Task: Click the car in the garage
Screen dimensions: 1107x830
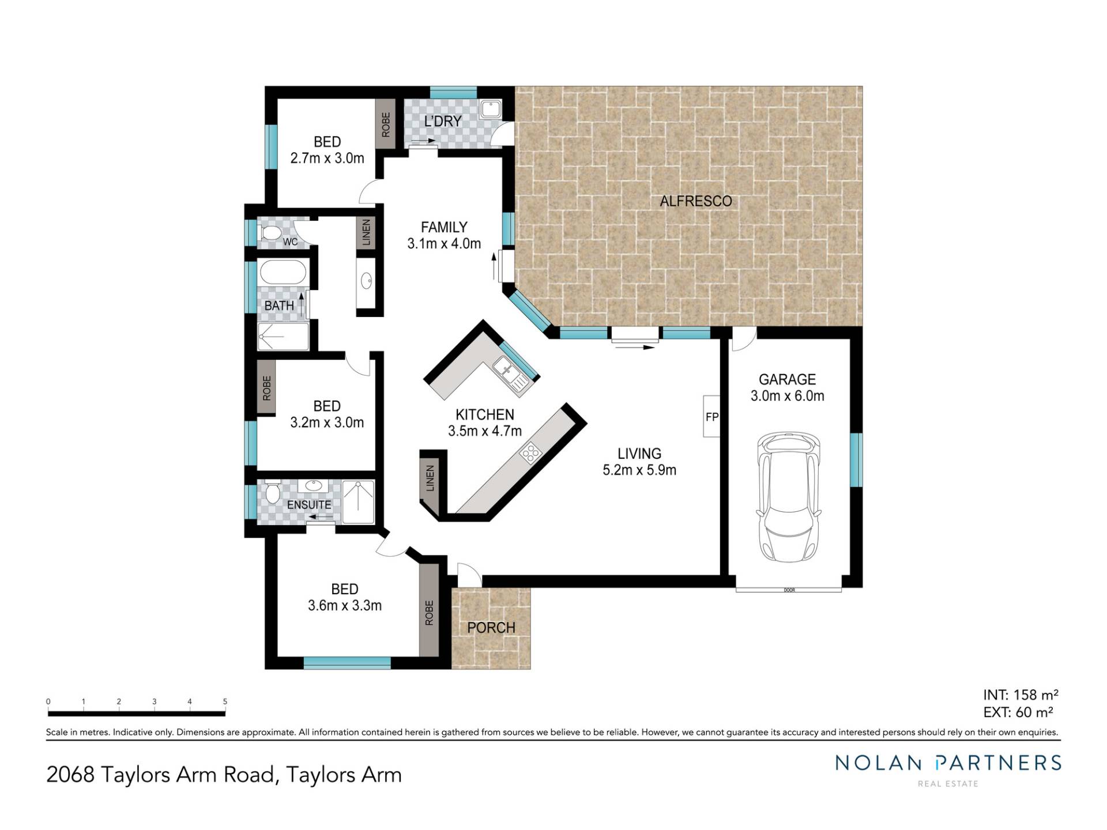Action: click(788, 497)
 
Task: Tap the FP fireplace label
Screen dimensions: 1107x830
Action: click(712, 417)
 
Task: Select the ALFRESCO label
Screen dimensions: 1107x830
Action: click(696, 201)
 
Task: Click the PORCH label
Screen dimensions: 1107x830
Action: click(491, 628)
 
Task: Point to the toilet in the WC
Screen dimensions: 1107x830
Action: click(270, 233)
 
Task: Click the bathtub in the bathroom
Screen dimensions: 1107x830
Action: click(283, 272)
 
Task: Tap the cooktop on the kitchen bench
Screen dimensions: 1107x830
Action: click(529, 454)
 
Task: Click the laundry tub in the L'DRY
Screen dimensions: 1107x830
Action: click(491, 109)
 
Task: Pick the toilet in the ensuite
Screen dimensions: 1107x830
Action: click(273, 491)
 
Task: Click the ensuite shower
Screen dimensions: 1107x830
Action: click(358, 502)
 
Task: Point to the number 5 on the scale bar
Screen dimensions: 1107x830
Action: click(225, 701)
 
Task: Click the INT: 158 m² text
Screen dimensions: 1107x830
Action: click(1021, 695)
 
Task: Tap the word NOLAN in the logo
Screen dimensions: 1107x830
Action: click(878, 763)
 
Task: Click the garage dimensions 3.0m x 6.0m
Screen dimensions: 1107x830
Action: click(788, 396)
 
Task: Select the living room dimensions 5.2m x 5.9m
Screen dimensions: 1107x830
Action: click(639, 470)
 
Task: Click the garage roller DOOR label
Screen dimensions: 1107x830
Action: click(789, 590)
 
